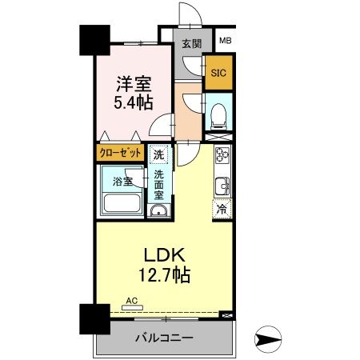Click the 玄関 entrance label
click(x=190, y=43)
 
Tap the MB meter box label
click(x=225, y=40)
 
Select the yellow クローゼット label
click(x=121, y=152)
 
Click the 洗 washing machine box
click(x=159, y=154)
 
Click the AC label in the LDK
click(x=130, y=302)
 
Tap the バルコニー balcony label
click(x=164, y=338)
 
